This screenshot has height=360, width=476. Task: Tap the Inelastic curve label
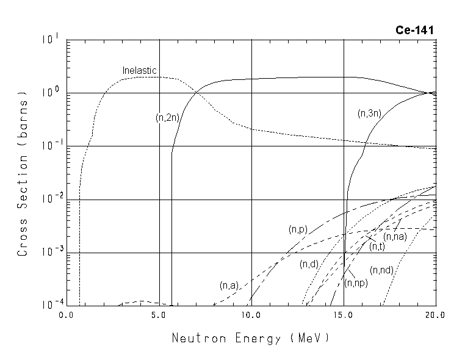point(140,70)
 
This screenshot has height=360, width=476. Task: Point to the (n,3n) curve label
point(370,113)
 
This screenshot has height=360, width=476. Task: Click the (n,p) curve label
point(297,230)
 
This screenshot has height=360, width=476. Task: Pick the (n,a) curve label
point(229,285)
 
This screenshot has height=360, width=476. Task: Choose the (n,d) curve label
point(308,264)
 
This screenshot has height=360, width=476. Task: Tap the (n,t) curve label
point(377,246)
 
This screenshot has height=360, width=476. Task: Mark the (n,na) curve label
point(395,236)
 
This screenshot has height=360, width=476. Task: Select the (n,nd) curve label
point(382,270)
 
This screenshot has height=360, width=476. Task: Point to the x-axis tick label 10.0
point(251,316)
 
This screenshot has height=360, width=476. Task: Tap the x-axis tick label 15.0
point(344,316)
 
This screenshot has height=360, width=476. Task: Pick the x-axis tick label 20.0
point(436,316)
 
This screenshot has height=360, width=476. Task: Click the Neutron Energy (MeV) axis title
point(250,337)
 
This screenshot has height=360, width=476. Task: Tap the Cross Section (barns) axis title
point(23,174)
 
